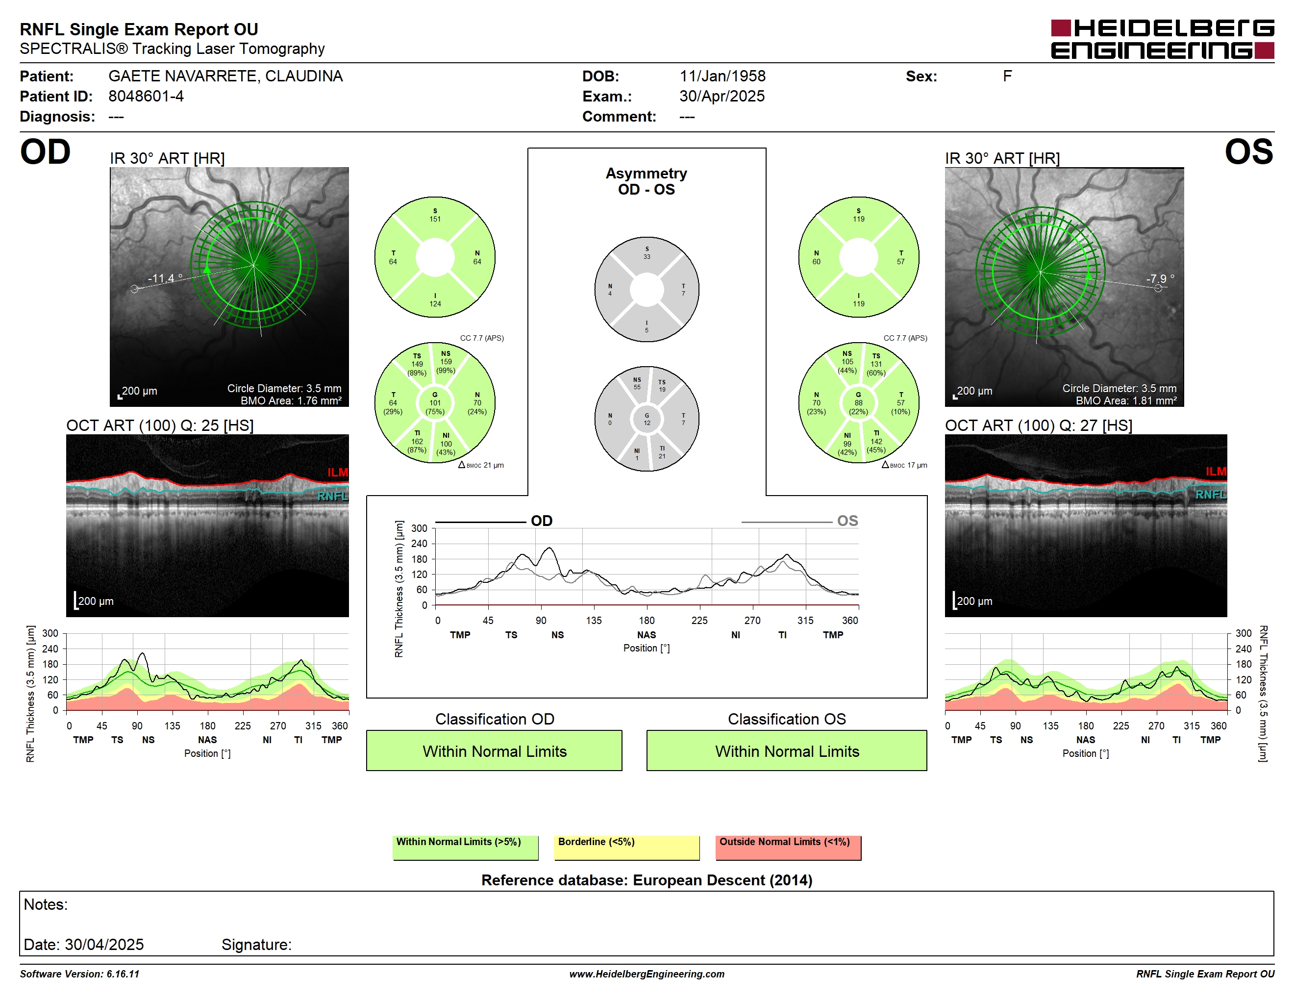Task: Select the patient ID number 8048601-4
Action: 146,96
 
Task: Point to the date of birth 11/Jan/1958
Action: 722,76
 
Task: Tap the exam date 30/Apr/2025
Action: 722,96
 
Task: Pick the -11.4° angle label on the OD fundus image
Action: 165,278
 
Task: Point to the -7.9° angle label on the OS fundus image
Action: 1160,278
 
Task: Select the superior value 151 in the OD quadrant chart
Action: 435,219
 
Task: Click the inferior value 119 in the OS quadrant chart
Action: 859,304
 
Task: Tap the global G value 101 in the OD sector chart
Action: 435,403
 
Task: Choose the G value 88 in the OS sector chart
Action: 859,403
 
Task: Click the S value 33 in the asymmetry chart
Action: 647,256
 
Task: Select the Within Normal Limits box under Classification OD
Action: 494,750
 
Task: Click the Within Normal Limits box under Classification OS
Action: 787,750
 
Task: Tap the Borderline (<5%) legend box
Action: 627,848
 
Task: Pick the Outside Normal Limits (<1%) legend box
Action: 788,848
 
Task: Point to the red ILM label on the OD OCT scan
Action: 338,472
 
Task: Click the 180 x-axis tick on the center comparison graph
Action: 647,620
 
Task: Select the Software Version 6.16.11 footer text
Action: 79,974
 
